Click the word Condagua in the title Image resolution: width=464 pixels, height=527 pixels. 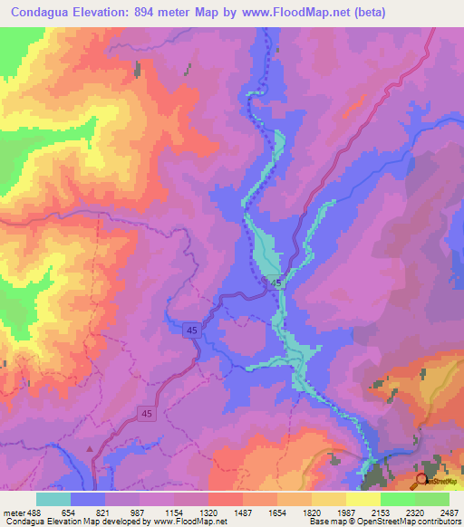click(42, 13)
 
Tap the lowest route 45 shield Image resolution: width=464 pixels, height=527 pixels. click(145, 413)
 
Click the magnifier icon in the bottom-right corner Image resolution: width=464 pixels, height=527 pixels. click(421, 479)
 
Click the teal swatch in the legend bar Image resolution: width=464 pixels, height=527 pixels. click(53, 499)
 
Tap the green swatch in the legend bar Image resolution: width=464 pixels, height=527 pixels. click(397, 499)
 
